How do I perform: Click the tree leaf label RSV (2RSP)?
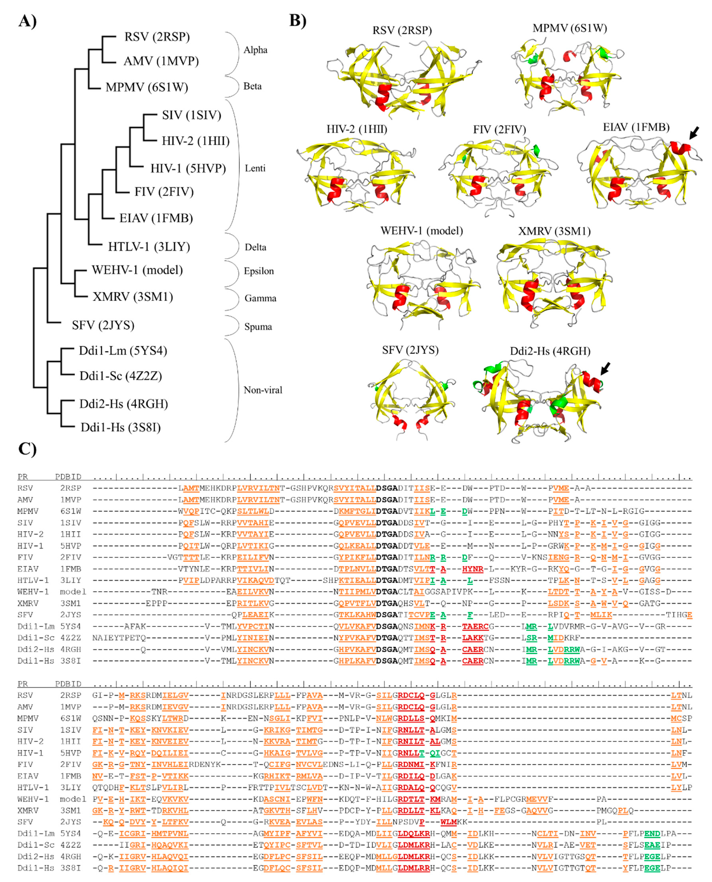pos(157,37)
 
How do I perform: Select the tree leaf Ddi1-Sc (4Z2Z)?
pos(121,376)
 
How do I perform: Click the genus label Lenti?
pos(255,168)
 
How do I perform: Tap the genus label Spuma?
pos(258,327)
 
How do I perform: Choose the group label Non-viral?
pos(263,390)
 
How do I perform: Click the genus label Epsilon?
pos(259,271)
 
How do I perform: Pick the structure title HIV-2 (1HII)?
pos(357,129)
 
